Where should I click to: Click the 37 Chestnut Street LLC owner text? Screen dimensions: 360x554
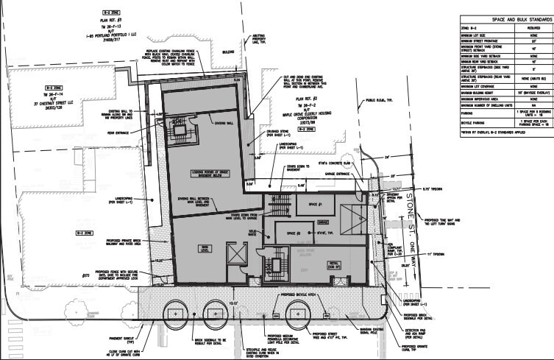(41, 113)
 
